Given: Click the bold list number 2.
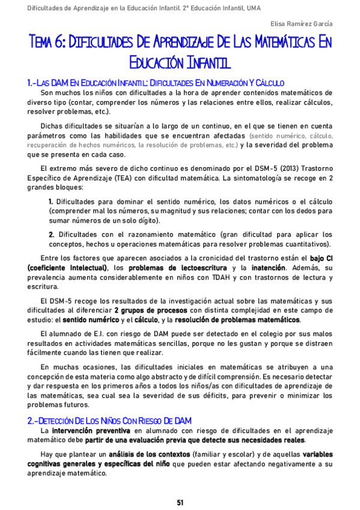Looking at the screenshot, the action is [x=51, y=234].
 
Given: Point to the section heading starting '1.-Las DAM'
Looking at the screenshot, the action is [x=156, y=82].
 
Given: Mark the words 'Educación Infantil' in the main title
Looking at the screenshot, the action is [x=180, y=62].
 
